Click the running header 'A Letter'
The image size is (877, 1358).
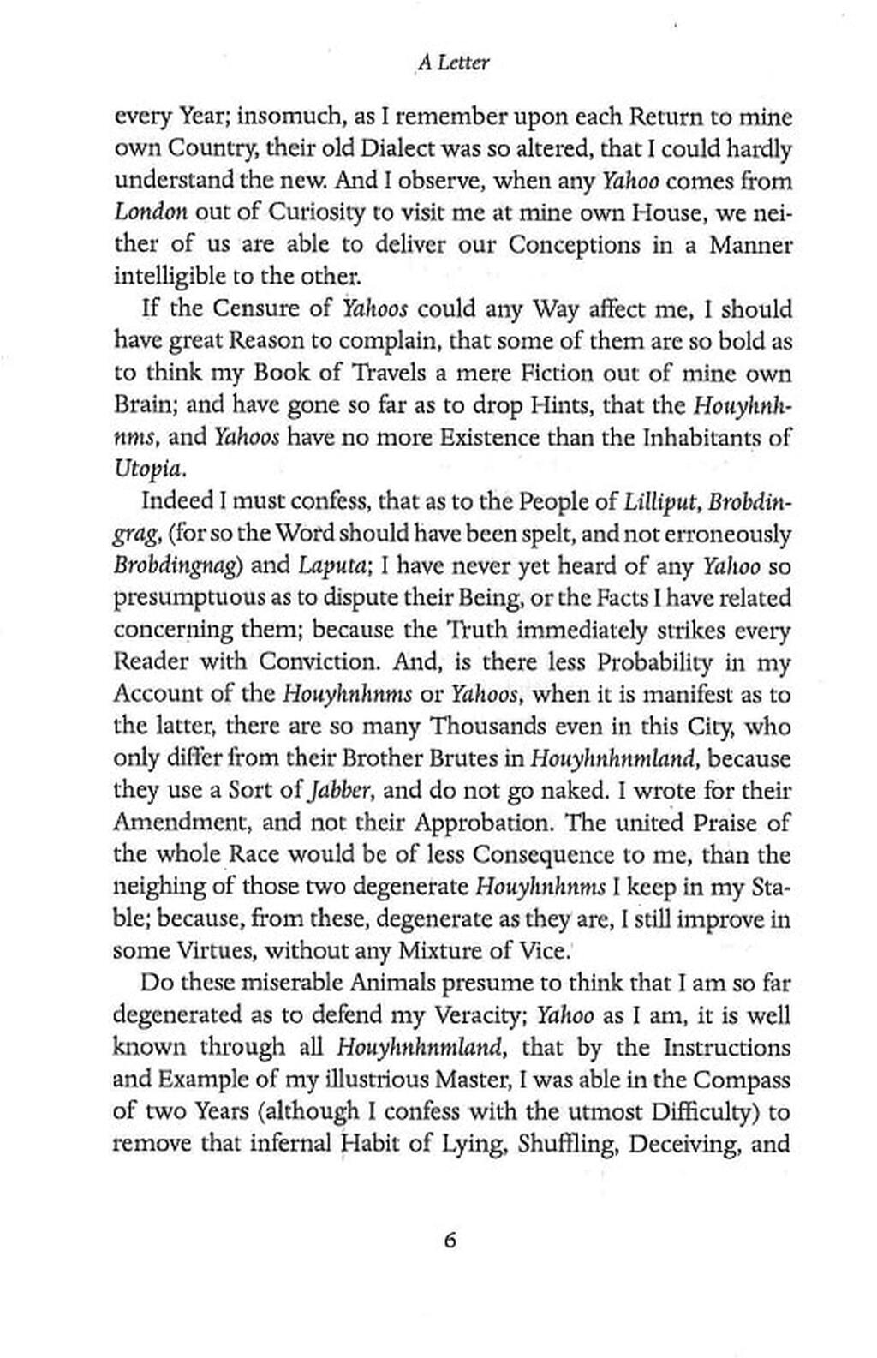(453, 63)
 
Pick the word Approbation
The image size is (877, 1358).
(486, 823)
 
